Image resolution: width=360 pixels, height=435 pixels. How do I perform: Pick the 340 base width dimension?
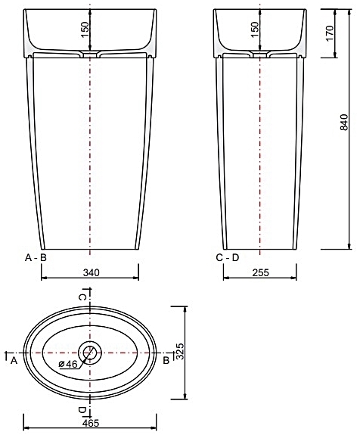(91, 272)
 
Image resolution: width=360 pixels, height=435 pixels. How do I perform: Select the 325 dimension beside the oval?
(180, 353)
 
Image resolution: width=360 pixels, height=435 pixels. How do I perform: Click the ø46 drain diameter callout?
(68, 365)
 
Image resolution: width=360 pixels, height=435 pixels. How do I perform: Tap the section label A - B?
(36, 258)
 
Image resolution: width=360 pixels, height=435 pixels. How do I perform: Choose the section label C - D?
(227, 258)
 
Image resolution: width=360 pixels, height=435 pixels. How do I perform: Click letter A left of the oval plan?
(14, 361)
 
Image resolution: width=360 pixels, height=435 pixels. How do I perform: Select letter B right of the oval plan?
(166, 361)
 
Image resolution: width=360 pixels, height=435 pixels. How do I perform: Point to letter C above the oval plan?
(83, 297)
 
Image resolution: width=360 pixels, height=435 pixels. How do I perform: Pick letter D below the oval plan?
(82, 409)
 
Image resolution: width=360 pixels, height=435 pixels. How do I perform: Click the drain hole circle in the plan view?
(91, 352)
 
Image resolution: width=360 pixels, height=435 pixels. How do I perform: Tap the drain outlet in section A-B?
(91, 55)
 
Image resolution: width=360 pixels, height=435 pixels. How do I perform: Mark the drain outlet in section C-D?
(261, 55)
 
